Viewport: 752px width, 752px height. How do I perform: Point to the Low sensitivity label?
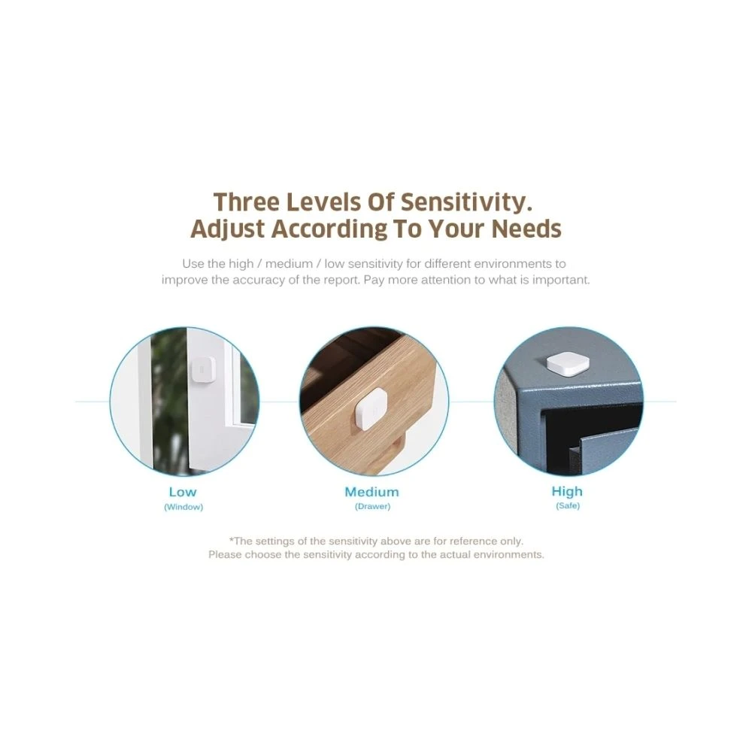pos(183,492)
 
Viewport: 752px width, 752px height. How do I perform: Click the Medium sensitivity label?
pos(371,492)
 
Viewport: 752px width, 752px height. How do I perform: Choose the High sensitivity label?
pos(567,492)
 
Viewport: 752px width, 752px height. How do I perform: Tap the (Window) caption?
pos(183,507)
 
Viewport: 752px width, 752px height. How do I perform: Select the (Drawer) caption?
pos(373,506)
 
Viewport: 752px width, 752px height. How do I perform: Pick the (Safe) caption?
pos(568,506)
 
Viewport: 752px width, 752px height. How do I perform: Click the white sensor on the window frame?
pos(202,370)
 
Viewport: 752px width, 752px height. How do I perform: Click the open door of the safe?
pos(605,450)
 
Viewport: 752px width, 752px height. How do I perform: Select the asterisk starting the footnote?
pos(231,540)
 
